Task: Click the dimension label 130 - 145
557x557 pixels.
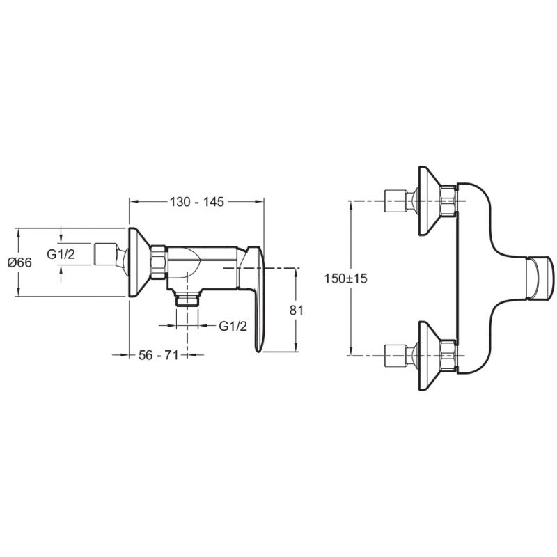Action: click(x=197, y=202)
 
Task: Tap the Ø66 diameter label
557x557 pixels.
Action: click(x=19, y=262)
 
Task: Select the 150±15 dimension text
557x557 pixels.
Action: click(x=345, y=278)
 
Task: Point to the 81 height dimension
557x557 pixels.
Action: click(x=297, y=310)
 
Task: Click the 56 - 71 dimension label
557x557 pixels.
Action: click(x=159, y=354)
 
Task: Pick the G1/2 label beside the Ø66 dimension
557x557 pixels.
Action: click(x=61, y=254)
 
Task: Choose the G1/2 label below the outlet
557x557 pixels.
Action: click(x=233, y=326)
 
